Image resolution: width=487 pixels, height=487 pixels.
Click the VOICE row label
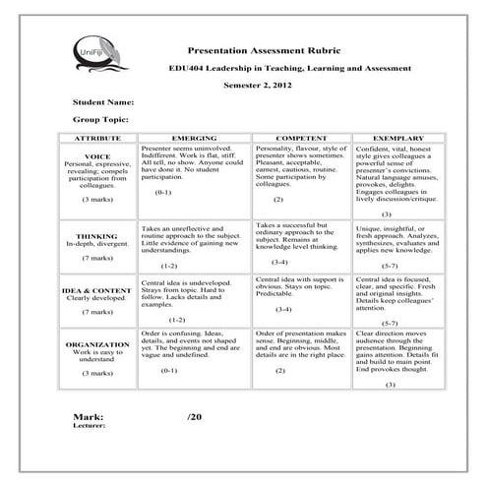pyautogui.click(x=97, y=156)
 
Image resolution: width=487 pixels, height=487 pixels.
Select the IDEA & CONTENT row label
pyautogui.click(x=97, y=289)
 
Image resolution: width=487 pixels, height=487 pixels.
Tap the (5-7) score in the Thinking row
pyautogui.click(x=389, y=266)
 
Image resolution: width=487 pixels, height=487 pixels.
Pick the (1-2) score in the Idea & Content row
pyautogui.click(x=177, y=320)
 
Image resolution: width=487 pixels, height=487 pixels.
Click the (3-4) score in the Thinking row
pyautogui.click(x=280, y=263)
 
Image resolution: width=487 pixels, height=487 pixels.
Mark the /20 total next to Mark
pyautogui.click(x=194, y=417)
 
